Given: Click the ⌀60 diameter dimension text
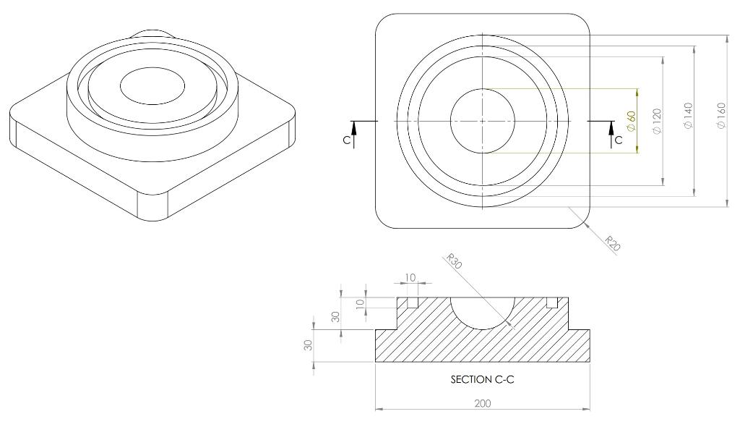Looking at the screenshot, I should point(631,121).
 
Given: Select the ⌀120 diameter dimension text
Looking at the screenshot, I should point(657,121).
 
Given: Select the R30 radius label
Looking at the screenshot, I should point(455,261).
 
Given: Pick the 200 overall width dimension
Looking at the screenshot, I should point(482,403).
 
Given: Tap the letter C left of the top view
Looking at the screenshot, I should point(347,140).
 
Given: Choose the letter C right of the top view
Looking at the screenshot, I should point(618,140).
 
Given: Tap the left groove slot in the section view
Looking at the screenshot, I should point(413,302).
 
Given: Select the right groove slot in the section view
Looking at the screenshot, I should point(552,302).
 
